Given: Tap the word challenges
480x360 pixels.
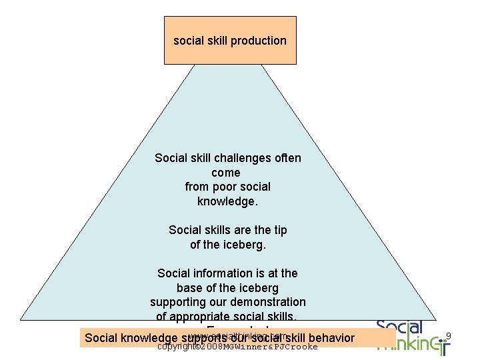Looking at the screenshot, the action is pyautogui.click(x=243, y=158).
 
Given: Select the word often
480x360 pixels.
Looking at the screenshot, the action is pyautogui.click(x=287, y=158).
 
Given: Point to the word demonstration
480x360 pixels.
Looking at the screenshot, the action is pyautogui.click(x=267, y=302).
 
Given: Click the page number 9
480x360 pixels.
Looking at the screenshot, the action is pyautogui.click(x=449, y=336).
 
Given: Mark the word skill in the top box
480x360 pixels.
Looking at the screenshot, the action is pyautogui.click(x=216, y=41).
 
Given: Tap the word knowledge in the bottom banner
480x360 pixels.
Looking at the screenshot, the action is pyautogui.click(x=147, y=338).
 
